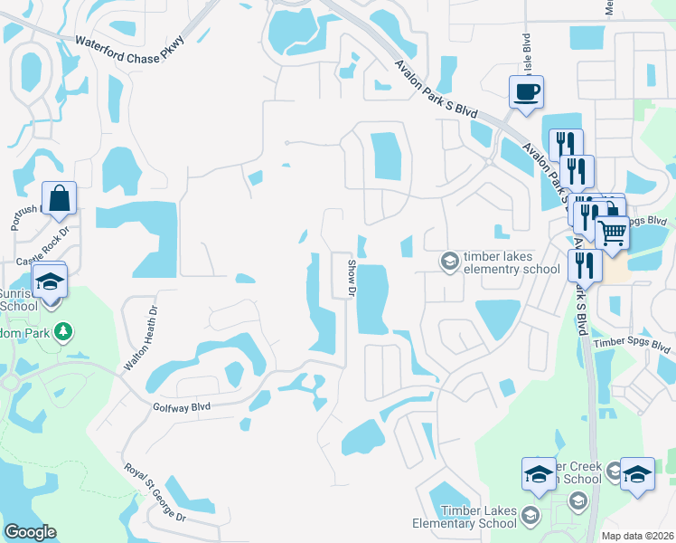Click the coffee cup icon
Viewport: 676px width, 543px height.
(x=526, y=91)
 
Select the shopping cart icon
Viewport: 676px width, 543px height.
(x=613, y=233)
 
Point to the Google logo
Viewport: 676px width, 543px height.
(x=30, y=532)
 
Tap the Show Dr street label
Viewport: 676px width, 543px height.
(x=353, y=275)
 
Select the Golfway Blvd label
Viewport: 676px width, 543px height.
(x=182, y=407)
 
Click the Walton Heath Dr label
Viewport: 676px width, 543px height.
(x=142, y=336)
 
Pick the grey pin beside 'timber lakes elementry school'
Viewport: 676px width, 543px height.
(x=448, y=262)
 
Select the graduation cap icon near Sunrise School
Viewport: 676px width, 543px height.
(x=51, y=280)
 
